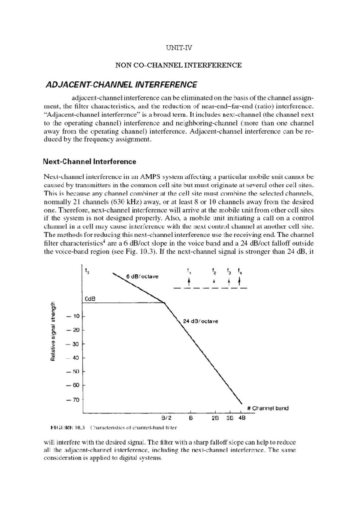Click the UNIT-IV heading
pyautogui.click(x=179, y=48)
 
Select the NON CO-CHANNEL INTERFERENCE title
pyautogui.click(x=178, y=65)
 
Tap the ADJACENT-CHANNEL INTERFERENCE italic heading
pyautogui.click(x=121, y=85)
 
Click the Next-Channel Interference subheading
pyautogui.click(x=89, y=162)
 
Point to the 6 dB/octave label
pyautogui.click(x=142, y=276)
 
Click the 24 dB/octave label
pyautogui.click(x=200, y=321)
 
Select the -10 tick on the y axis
pyautogui.click(x=73, y=316)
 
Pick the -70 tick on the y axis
pyautogui.click(x=73, y=400)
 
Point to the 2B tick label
pyautogui.click(x=215, y=418)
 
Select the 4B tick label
pyautogui.click(x=242, y=418)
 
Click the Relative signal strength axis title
pyautogui.click(x=53, y=332)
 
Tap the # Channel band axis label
pyautogui.click(x=268, y=408)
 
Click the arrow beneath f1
pyautogui.click(x=189, y=282)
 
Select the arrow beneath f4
pyautogui.click(x=239, y=281)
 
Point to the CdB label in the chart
pyautogui.click(x=90, y=299)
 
